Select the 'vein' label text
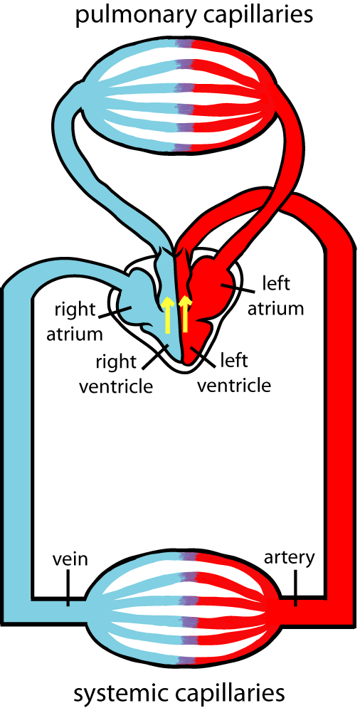point(70,559)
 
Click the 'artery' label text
point(288,556)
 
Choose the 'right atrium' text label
point(74,321)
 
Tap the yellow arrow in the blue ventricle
point(168,315)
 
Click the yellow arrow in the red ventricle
point(185,315)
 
